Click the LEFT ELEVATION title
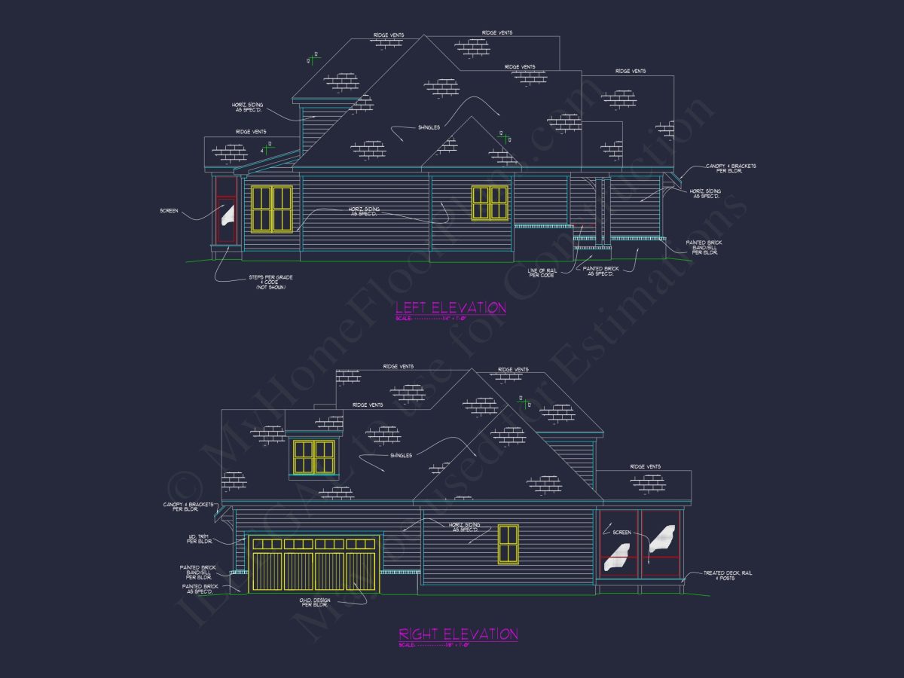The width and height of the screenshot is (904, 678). (x=450, y=307)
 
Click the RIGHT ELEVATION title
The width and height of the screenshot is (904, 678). (x=458, y=634)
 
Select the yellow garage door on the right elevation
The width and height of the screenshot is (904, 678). (x=314, y=563)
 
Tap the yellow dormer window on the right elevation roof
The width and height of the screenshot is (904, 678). (x=313, y=457)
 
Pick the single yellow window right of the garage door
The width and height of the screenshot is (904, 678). (x=508, y=544)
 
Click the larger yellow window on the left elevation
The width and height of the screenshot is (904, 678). (x=271, y=209)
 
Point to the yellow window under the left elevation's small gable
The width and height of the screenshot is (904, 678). (x=490, y=203)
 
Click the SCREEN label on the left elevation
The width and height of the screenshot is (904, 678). (x=169, y=211)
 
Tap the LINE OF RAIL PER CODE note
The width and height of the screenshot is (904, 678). (x=541, y=272)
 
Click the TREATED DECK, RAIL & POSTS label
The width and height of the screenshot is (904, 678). (x=728, y=576)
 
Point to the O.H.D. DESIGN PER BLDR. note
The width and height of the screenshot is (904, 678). (x=314, y=602)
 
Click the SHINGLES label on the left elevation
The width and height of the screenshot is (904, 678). (x=429, y=127)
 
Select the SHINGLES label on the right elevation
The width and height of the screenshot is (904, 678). (x=400, y=455)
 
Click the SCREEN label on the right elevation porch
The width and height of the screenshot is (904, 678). (x=621, y=533)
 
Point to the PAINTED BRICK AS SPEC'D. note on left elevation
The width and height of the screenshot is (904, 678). (x=600, y=270)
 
